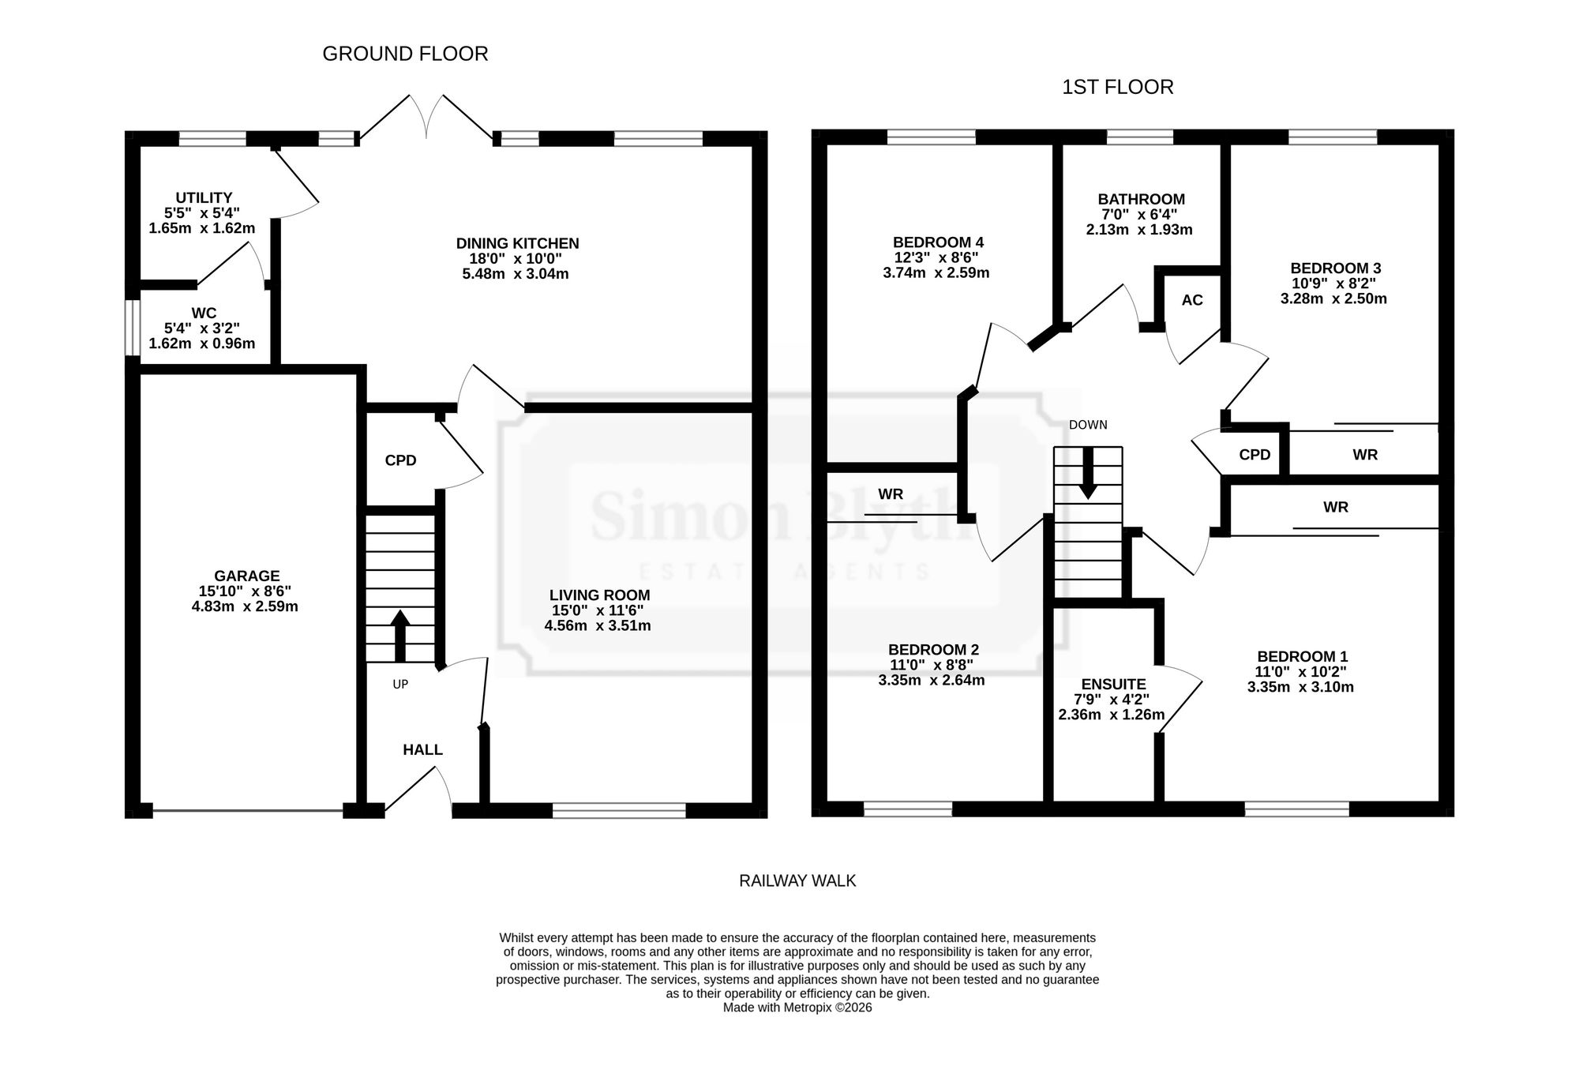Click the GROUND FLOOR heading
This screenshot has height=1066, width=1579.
405,54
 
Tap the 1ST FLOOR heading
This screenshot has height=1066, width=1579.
1117,87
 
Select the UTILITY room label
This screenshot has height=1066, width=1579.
204,197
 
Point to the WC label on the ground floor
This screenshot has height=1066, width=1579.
204,313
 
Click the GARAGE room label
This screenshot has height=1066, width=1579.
246,576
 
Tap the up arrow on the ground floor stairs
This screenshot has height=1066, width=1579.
400,636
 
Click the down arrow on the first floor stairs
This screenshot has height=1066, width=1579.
1088,473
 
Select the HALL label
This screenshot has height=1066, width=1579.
422,749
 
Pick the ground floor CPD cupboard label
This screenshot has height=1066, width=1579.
400,460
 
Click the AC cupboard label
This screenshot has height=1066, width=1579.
1192,300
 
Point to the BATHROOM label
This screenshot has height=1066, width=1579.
1141,200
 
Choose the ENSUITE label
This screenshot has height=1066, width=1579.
1113,685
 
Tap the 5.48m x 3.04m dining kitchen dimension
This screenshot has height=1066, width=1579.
516,274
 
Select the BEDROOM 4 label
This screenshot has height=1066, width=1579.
938,242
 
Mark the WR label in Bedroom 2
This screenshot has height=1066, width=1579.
891,494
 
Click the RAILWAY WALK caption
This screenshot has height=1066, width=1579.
797,880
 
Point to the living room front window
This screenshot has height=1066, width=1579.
619,810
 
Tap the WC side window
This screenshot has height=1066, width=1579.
133,328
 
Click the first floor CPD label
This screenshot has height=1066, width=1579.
1255,455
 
